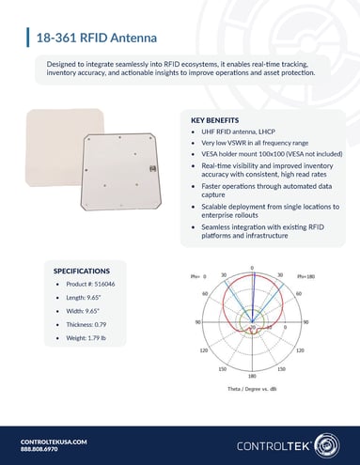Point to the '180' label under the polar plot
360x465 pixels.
[x=252, y=374]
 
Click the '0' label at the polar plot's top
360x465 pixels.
[x=252, y=269]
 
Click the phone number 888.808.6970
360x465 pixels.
[x=41, y=450]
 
